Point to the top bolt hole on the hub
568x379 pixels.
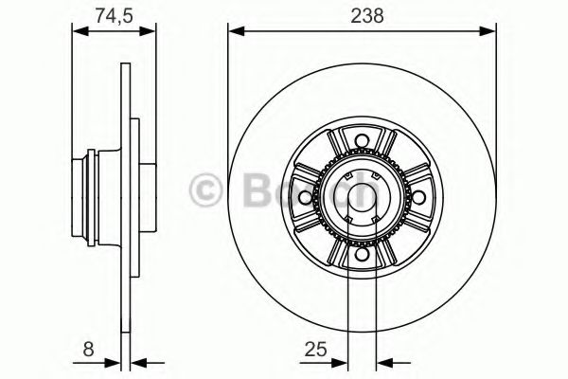[x=362, y=143]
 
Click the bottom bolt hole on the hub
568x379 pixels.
[x=362, y=253]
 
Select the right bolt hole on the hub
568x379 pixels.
[x=417, y=198]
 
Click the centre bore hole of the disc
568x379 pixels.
[x=362, y=198]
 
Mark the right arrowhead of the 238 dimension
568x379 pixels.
[x=489, y=32]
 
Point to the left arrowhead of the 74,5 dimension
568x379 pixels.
[x=80, y=32]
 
